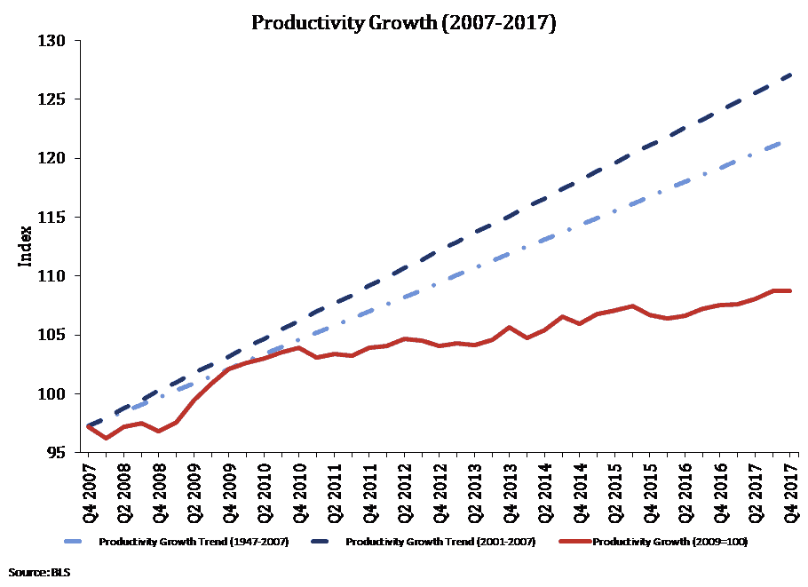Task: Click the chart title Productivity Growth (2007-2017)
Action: coord(403,23)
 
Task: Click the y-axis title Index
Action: coord(27,247)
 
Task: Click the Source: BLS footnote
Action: coord(39,573)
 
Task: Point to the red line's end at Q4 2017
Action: coord(789,290)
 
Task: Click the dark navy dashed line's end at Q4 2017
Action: coord(789,75)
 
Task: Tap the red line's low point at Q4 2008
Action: coord(159,431)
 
